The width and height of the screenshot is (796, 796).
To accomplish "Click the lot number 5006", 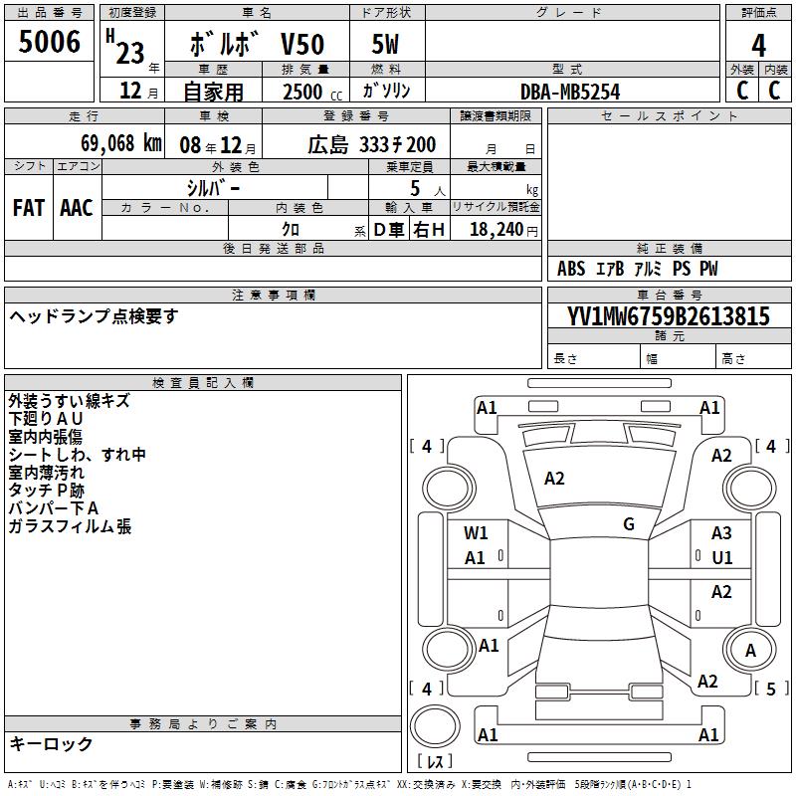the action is (49, 42).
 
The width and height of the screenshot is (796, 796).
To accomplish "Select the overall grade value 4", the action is (758, 46).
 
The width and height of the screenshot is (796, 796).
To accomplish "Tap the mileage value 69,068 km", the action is (121, 143).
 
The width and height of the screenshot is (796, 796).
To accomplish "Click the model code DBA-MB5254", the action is (570, 92).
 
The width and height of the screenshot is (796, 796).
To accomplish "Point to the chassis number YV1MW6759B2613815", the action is (669, 316).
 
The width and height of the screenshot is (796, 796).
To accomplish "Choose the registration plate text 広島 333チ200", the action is (371, 145).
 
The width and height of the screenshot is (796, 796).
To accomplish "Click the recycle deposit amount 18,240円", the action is (503, 230).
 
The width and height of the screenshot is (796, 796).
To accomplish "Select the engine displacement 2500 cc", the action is (312, 92).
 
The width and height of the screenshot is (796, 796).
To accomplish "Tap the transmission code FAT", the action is (29, 208).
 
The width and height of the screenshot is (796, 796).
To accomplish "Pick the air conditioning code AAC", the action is (77, 208).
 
